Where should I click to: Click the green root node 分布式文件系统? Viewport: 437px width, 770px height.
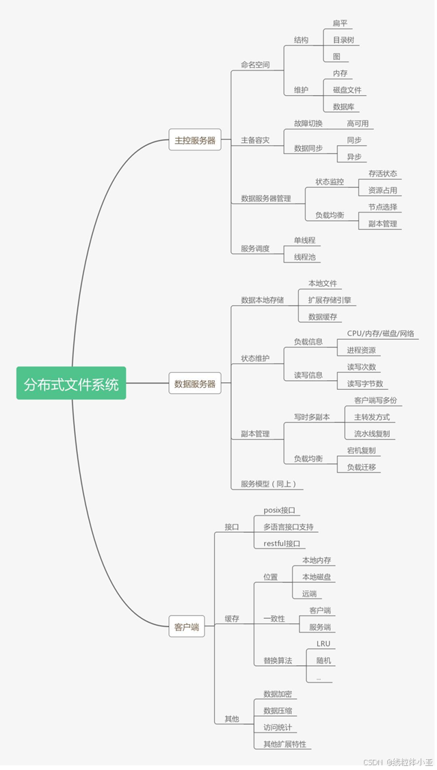click(x=71, y=384)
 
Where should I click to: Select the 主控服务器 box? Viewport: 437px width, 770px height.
click(x=195, y=140)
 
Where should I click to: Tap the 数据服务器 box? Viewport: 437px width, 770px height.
click(x=195, y=384)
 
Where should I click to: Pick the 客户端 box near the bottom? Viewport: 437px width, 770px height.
click(x=186, y=626)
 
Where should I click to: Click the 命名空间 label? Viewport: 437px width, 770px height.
click(x=255, y=65)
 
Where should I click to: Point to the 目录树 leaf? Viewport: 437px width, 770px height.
click(x=343, y=40)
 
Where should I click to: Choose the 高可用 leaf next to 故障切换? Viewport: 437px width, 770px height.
click(x=357, y=123)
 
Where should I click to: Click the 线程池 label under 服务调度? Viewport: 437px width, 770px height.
click(x=304, y=257)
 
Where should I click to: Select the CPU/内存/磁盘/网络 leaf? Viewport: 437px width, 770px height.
click(x=380, y=334)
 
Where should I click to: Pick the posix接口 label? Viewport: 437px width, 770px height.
click(x=279, y=510)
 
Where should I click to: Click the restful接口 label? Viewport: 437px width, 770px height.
click(x=282, y=544)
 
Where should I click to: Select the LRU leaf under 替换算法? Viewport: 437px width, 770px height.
click(x=323, y=644)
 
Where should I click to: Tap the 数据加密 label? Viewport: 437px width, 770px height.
click(x=278, y=694)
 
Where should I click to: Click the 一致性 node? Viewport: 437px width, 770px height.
click(x=274, y=619)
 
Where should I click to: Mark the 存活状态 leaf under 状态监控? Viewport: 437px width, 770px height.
click(x=382, y=174)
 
